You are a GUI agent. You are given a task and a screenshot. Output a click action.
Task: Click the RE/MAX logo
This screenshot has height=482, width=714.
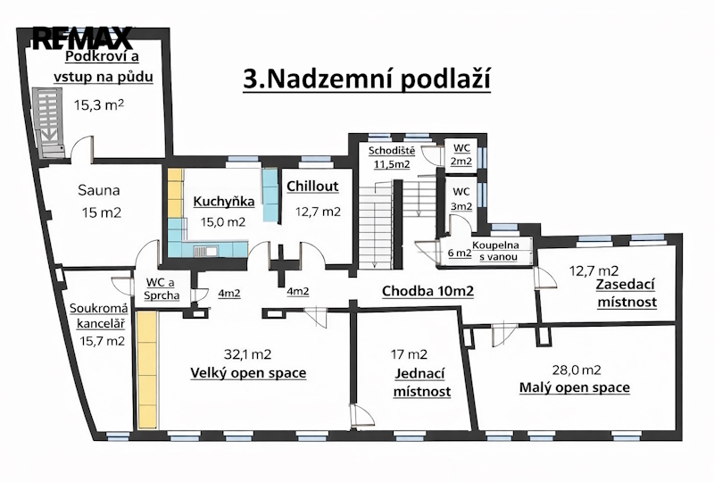click(82, 37)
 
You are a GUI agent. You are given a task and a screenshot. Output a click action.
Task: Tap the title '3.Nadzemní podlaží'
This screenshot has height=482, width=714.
click(367, 79)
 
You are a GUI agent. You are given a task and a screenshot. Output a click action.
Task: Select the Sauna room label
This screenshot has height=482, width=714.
click(99, 190)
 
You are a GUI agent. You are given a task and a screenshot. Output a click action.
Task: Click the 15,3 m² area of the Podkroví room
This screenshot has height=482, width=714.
click(99, 104)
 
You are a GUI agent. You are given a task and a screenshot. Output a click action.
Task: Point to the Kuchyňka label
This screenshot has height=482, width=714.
click(224, 202)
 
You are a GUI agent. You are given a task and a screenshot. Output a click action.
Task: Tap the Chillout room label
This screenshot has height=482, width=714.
click(313, 186)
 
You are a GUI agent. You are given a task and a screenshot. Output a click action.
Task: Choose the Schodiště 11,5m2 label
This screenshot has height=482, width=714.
click(392, 157)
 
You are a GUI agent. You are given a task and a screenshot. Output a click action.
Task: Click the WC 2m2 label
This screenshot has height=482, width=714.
click(461, 155)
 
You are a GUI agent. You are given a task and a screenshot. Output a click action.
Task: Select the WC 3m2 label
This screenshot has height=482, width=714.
click(461, 199)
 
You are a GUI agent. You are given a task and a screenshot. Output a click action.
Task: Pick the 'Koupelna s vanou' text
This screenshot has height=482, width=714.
click(495, 251)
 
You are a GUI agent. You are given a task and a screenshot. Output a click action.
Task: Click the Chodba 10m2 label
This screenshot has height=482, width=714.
click(428, 291)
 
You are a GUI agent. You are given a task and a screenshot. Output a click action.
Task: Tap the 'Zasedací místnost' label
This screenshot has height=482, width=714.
click(627, 294)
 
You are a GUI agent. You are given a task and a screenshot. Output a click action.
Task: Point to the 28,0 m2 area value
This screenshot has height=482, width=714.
click(576, 370)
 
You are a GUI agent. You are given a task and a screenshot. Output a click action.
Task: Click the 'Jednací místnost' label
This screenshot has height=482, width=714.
click(421, 383)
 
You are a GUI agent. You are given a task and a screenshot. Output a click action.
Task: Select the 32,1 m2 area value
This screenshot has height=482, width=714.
click(248, 354)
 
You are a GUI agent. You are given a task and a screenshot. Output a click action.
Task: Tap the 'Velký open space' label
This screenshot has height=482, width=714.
click(248, 373)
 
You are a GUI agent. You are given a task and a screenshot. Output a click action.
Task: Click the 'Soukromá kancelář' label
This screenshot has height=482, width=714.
click(99, 316)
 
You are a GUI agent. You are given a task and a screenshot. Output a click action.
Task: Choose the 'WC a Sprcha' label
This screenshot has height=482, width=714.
click(162, 289)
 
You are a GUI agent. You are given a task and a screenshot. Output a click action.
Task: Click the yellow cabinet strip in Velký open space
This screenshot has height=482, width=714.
click(147, 370)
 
